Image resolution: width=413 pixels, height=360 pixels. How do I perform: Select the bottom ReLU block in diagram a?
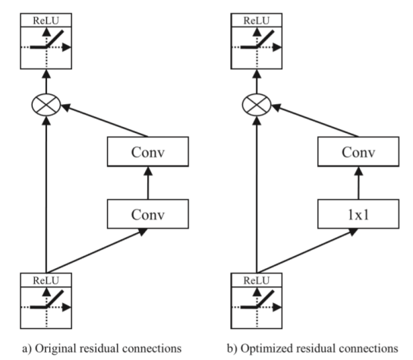[46, 299]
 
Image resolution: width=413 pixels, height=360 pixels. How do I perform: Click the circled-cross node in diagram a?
[46, 104]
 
